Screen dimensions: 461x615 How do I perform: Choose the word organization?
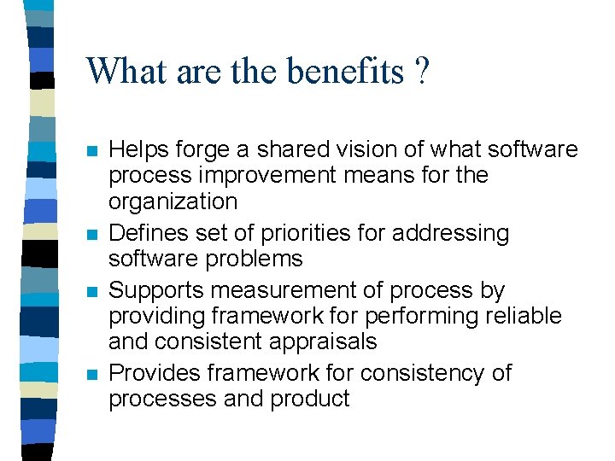173,202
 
